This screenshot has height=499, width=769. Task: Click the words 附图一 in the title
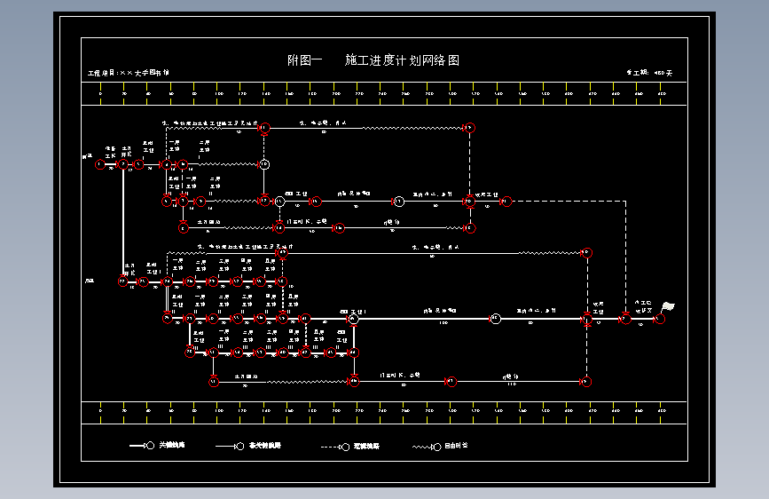point(303,60)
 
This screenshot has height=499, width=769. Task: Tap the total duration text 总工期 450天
point(649,73)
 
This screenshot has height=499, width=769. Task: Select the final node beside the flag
point(659,319)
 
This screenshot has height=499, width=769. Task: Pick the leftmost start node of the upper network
point(99,164)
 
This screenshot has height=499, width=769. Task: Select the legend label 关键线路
point(172,445)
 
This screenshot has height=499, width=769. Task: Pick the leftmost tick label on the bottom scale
point(101,412)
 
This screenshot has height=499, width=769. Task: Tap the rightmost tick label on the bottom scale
point(661,412)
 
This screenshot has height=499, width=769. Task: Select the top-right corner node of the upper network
point(469,128)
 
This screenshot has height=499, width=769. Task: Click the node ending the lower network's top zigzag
point(585,253)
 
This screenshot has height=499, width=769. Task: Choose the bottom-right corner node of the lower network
point(585,382)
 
